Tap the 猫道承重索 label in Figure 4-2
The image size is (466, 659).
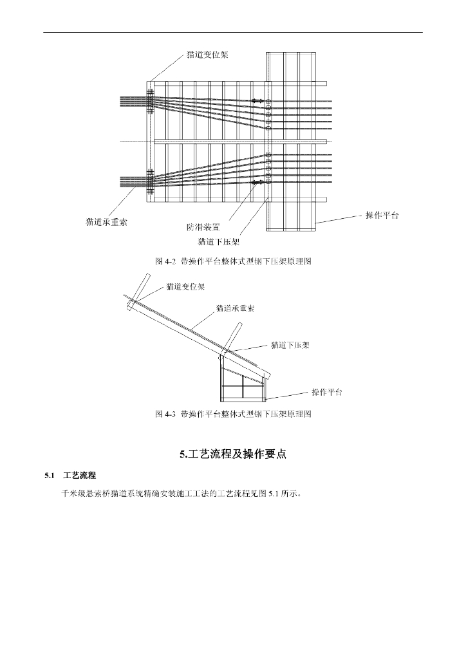pos(106,222)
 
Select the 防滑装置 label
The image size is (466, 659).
pos(204,227)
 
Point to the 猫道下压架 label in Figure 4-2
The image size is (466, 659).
pos(219,242)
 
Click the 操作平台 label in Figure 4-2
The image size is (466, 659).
pos(382,216)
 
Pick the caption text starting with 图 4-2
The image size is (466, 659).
pos(233,262)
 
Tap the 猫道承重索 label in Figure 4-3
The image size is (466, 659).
pos(235,308)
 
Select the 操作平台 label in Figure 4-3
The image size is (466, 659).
pos(327,392)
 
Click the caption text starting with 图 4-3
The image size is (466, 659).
pos(233,414)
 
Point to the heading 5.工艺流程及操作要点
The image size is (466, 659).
pos(232,454)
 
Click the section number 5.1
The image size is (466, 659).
pos(49,476)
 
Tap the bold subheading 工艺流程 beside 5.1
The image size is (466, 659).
pos(80,476)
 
